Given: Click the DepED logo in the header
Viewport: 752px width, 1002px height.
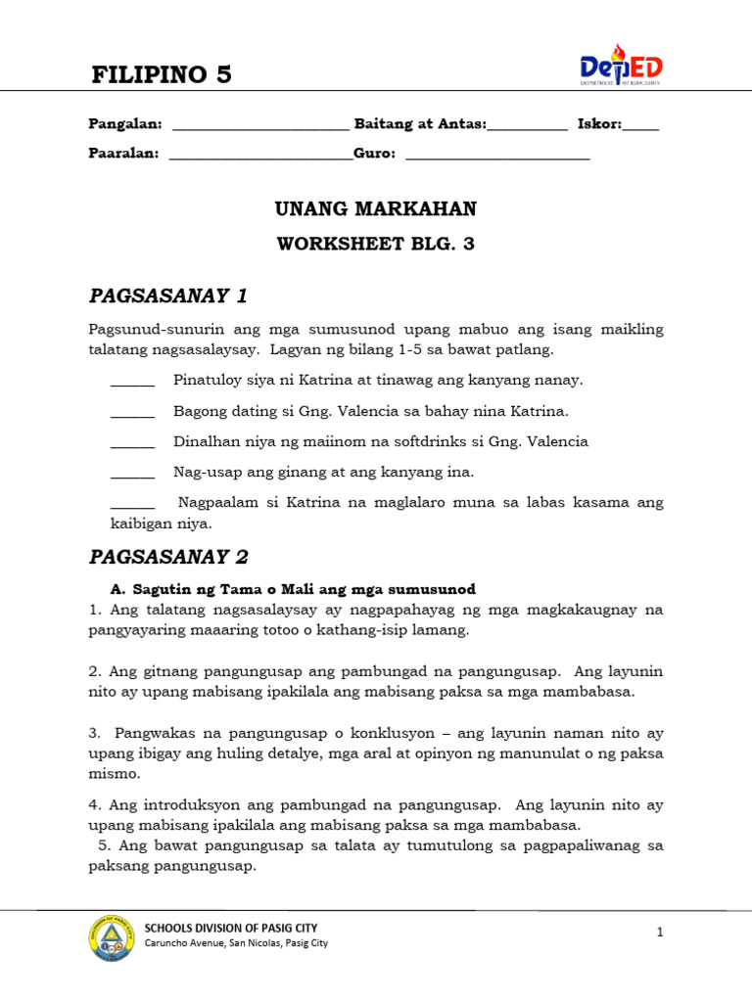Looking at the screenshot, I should tap(621, 67).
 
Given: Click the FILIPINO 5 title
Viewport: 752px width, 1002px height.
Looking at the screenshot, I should tap(162, 73).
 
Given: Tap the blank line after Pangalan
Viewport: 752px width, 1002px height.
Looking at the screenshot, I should tap(259, 126).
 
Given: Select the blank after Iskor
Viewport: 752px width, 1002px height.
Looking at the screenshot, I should tap(640, 126).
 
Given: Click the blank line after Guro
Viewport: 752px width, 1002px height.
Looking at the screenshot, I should tap(497, 156).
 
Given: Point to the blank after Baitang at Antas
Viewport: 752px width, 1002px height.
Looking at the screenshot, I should tap(527, 126).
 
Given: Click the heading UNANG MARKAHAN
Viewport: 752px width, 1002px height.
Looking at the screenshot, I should tap(375, 208).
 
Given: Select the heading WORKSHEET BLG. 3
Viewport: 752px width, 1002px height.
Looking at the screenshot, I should tap(375, 245).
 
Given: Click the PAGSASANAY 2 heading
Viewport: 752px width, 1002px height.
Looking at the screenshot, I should tap(168, 557).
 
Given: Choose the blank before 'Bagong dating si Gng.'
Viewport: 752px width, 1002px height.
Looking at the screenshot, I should tap(132, 412).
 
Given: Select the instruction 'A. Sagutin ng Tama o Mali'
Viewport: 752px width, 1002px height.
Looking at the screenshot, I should tap(294, 589).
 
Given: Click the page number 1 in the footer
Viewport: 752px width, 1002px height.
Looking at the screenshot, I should tap(660, 934).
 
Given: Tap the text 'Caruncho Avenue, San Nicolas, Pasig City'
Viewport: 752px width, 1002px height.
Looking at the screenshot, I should tap(236, 943).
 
